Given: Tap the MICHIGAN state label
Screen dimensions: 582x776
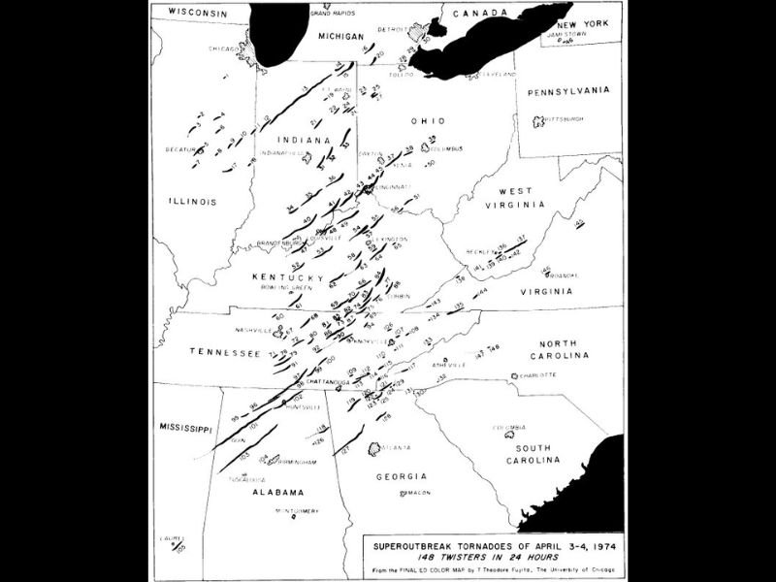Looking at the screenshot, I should pos(347,34).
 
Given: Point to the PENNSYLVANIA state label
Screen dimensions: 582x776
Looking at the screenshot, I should pos(567,91).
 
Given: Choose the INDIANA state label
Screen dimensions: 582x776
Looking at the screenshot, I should pos(300,140).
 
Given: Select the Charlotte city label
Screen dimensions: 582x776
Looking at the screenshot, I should pos(536,374).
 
